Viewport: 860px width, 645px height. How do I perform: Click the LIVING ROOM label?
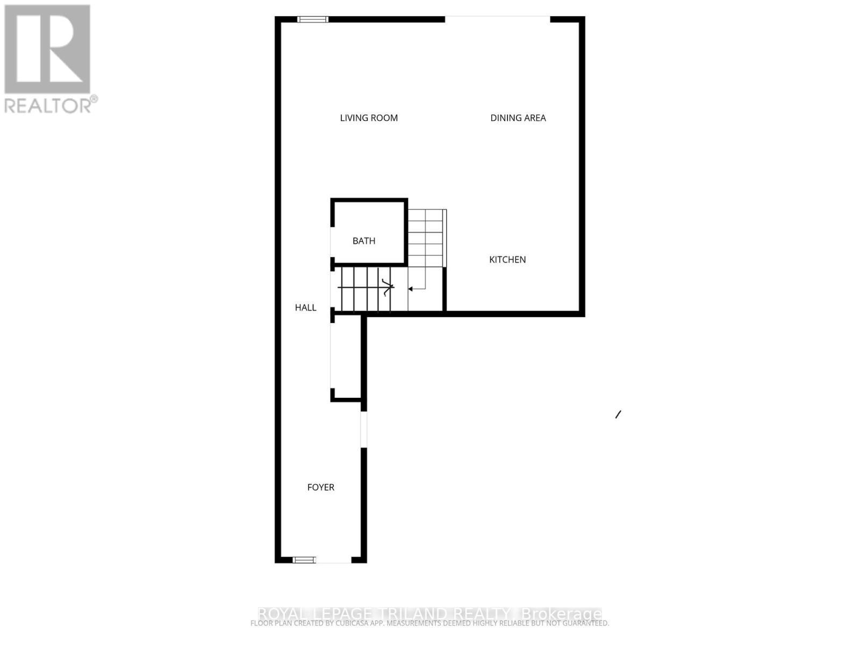pos(369,118)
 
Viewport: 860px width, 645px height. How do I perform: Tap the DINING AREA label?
pos(518,118)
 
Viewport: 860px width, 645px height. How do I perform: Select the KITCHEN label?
pos(507,260)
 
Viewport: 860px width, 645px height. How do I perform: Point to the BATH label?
pos(364,241)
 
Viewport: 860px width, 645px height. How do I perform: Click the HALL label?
pos(305,307)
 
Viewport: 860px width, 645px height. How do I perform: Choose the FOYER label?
pos(320,487)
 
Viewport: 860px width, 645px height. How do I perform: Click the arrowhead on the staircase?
pos(410,289)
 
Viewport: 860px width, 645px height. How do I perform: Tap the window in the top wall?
pos(313,19)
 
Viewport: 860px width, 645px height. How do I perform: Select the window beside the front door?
pos(304,560)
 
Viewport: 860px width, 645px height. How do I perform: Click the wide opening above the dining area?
pos(497,19)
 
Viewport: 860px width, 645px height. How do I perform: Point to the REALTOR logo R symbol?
pos(47,49)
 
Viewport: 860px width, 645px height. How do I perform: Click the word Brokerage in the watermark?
pos(561,613)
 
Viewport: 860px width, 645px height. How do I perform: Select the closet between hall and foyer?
pos(346,357)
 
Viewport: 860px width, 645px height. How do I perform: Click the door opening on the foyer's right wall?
pos(364,429)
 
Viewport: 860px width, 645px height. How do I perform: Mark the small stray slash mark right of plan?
pos(618,414)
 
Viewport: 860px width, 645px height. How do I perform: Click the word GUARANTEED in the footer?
pos(586,623)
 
